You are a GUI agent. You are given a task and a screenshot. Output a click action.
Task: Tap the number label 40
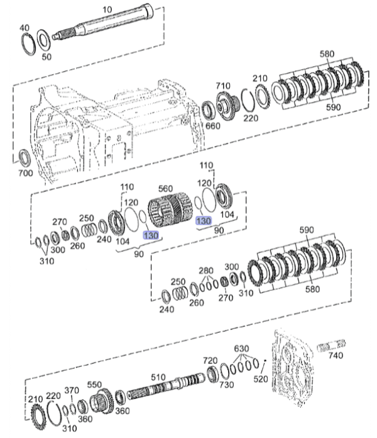(25, 28)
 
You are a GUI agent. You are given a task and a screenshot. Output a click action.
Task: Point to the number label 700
(25, 172)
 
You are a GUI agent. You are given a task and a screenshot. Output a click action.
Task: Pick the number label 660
(213, 125)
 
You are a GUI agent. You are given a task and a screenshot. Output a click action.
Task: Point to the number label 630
(241, 348)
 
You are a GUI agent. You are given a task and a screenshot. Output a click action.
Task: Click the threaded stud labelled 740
(331, 345)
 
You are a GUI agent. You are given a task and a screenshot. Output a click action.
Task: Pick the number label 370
(72, 390)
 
